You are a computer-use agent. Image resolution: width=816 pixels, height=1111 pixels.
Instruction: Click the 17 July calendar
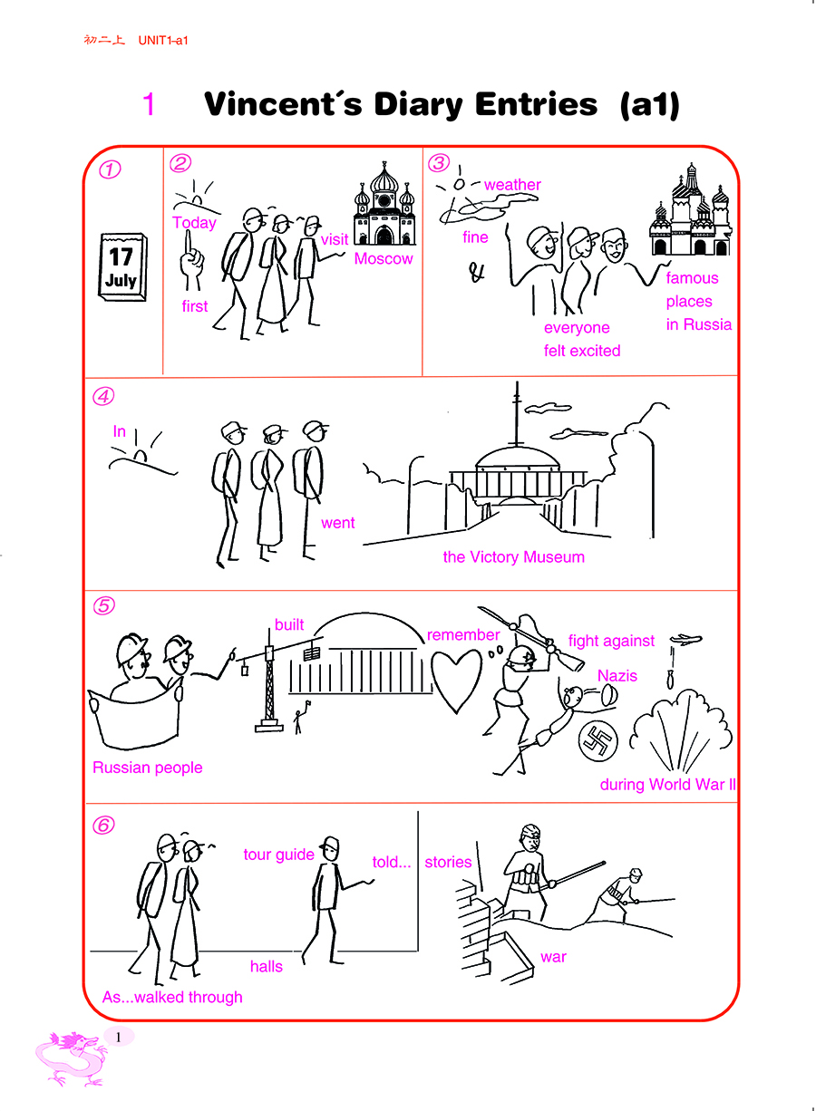pos(122,266)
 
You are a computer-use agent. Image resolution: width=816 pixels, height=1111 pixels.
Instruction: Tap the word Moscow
pos(384,258)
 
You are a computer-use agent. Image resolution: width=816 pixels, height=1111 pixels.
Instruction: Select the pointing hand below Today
pos(191,260)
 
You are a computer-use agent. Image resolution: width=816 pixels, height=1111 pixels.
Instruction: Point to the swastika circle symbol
pos(598,741)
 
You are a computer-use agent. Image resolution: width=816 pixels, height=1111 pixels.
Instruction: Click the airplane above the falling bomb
pos(685,639)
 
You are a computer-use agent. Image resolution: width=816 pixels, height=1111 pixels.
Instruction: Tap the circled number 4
pos(103,396)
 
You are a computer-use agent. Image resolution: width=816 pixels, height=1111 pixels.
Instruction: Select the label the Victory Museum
pos(514,557)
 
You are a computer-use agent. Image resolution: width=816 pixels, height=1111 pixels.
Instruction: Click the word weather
pos(512,185)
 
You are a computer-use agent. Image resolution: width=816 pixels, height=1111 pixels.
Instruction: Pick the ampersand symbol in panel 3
pos(477,272)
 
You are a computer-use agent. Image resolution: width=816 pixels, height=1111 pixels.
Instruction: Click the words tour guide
pos(278,854)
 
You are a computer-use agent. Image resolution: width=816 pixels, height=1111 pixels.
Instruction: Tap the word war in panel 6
pos(553,957)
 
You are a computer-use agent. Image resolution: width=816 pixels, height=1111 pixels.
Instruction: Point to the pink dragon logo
pos(71,1058)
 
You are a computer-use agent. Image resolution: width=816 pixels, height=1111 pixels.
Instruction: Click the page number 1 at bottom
pos(118,1037)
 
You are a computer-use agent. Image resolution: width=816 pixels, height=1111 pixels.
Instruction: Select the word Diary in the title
pos(418,104)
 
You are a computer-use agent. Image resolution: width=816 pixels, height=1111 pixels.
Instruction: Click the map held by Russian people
pos(134,715)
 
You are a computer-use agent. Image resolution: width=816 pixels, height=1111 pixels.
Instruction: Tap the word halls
pos(266,966)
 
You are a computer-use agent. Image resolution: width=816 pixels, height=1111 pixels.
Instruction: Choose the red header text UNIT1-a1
pos(163,40)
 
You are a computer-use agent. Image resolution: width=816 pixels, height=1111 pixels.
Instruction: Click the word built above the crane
pos(289,624)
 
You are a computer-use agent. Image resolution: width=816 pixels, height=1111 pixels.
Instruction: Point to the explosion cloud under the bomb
pos(680,730)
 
